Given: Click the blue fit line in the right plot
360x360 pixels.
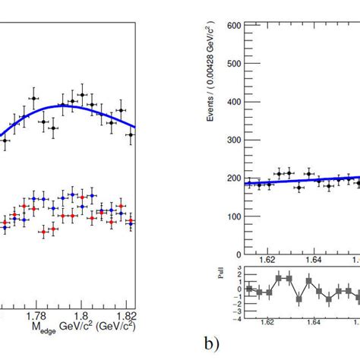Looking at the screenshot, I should (304, 181).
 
